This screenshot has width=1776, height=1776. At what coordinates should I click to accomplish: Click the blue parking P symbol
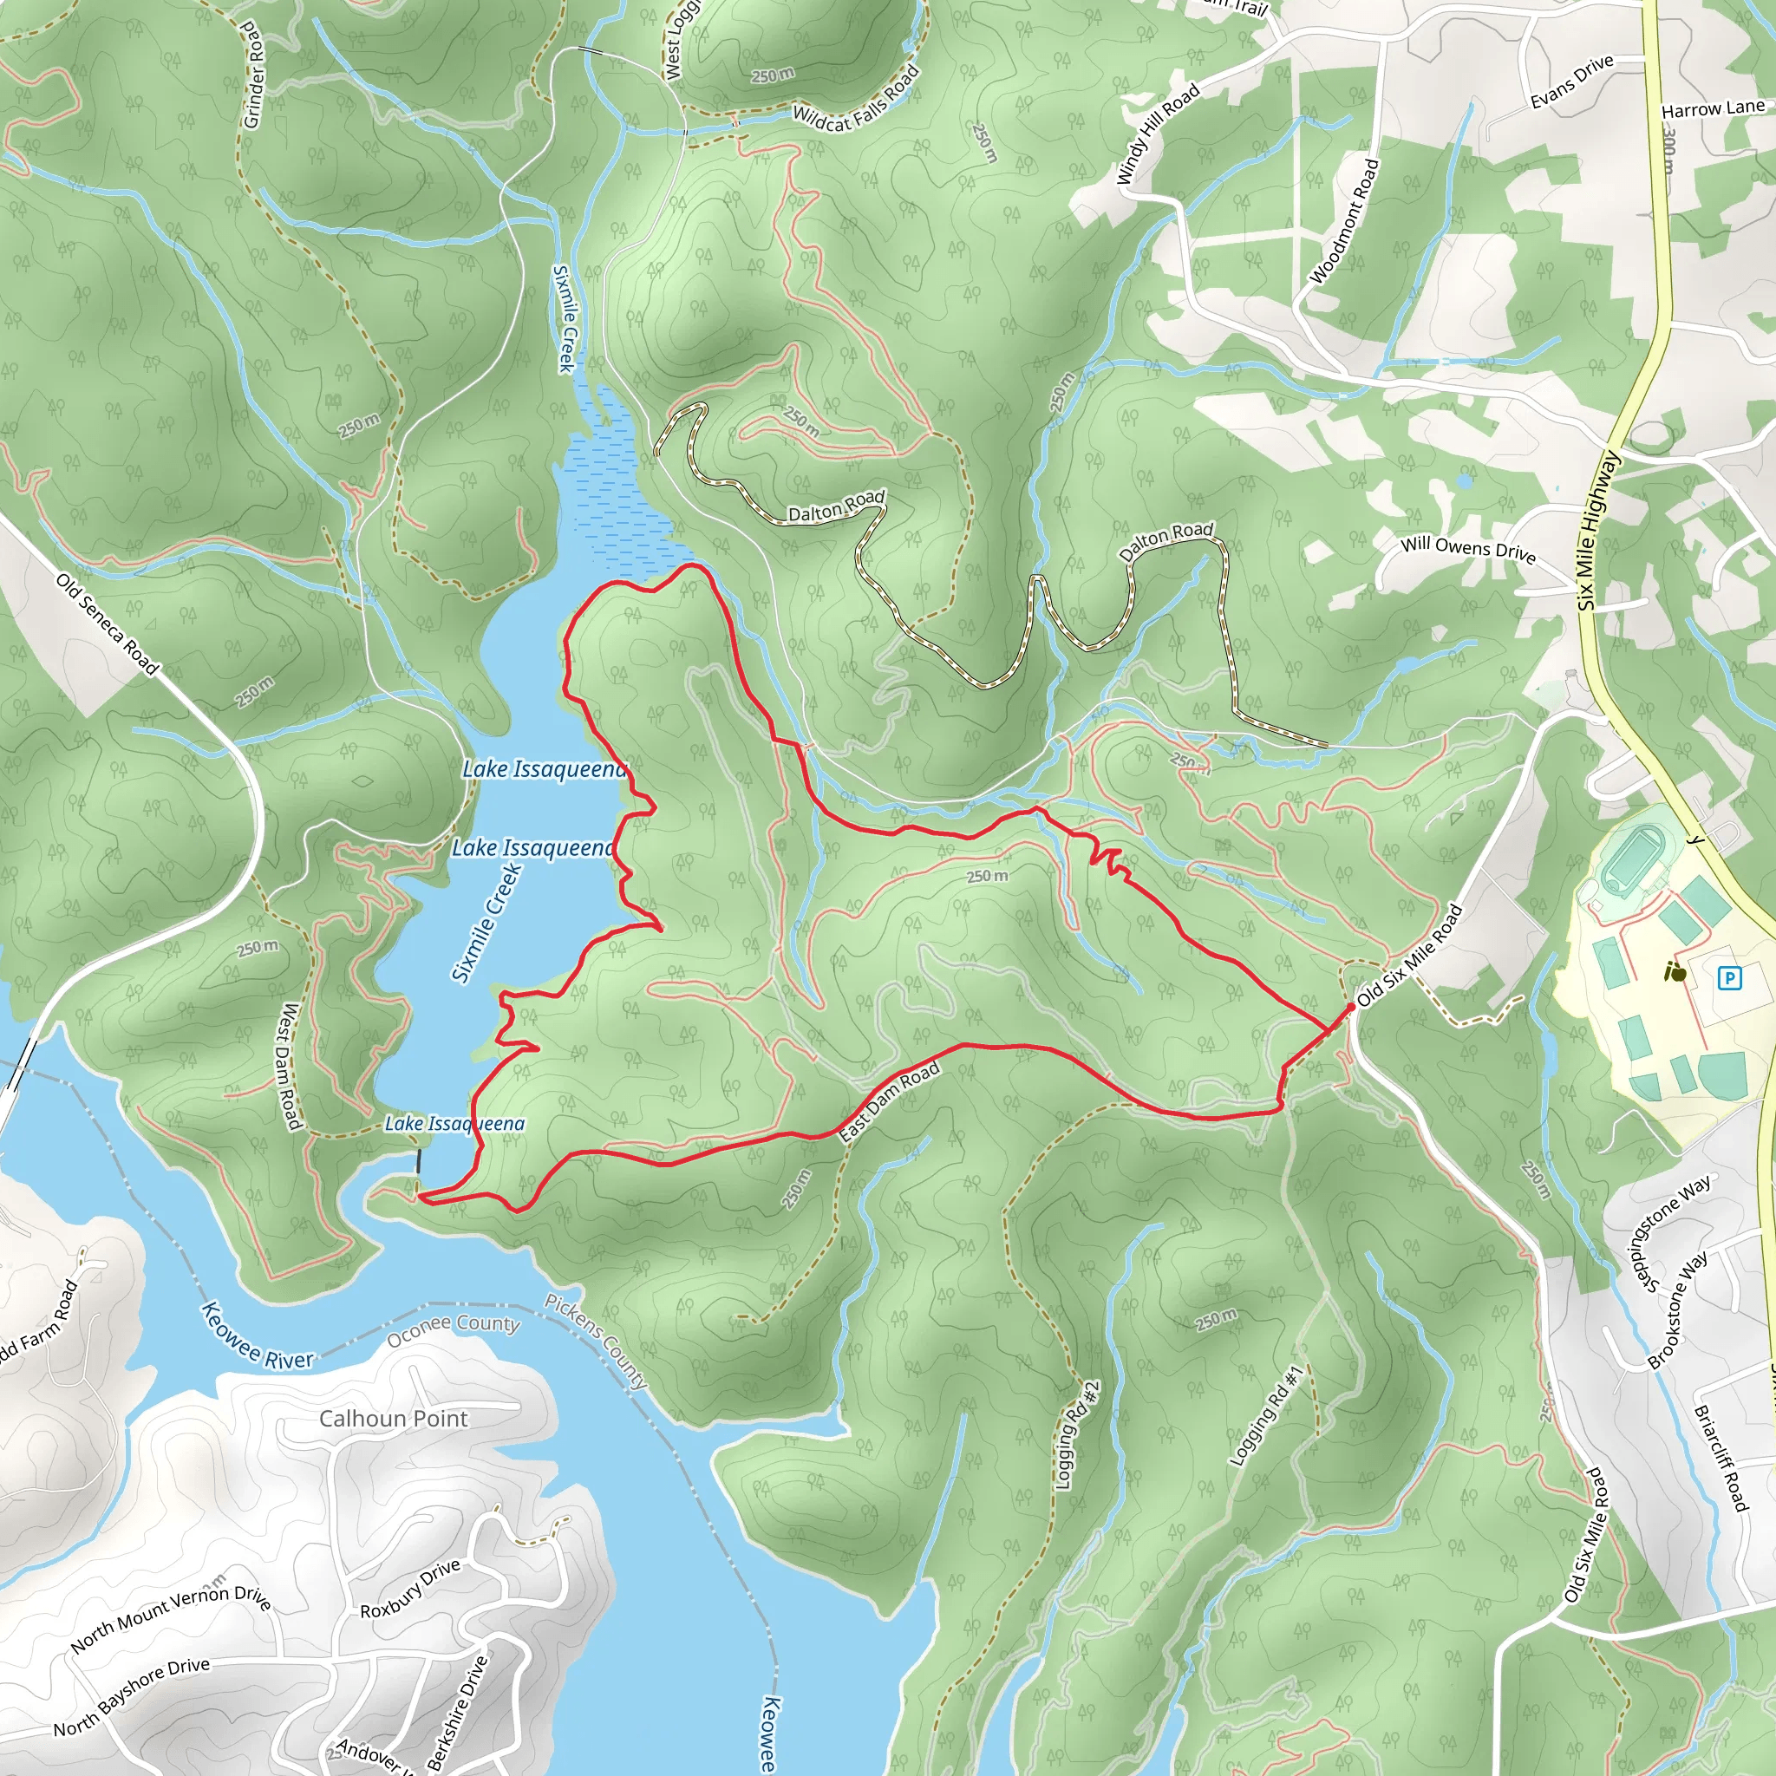click(x=1729, y=978)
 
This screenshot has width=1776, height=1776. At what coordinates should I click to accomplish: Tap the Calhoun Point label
click(x=394, y=1419)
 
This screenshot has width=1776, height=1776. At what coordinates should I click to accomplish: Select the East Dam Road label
click(x=889, y=1100)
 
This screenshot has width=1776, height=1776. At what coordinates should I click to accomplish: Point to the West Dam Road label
click(x=289, y=1067)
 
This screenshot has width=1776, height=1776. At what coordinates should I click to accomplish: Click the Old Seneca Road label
click(x=108, y=624)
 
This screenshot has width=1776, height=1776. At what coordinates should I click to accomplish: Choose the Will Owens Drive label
click(x=1467, y=549)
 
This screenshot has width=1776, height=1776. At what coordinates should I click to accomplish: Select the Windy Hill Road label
click(x=1158, y=134)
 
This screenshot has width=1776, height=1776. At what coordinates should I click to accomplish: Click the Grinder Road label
click(x=254, y=75)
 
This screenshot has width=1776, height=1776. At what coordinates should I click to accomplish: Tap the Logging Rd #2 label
click(x=1076, y=1435)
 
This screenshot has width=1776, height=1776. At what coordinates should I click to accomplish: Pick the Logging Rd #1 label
click(x=1267, y=1415)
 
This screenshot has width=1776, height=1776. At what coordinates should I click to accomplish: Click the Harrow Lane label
click(x=1713, y=108)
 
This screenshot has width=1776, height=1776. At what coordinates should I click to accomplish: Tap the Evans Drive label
click(x=1572, y=81)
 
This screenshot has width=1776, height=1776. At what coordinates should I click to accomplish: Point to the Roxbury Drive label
click(x=409, y=1590)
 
